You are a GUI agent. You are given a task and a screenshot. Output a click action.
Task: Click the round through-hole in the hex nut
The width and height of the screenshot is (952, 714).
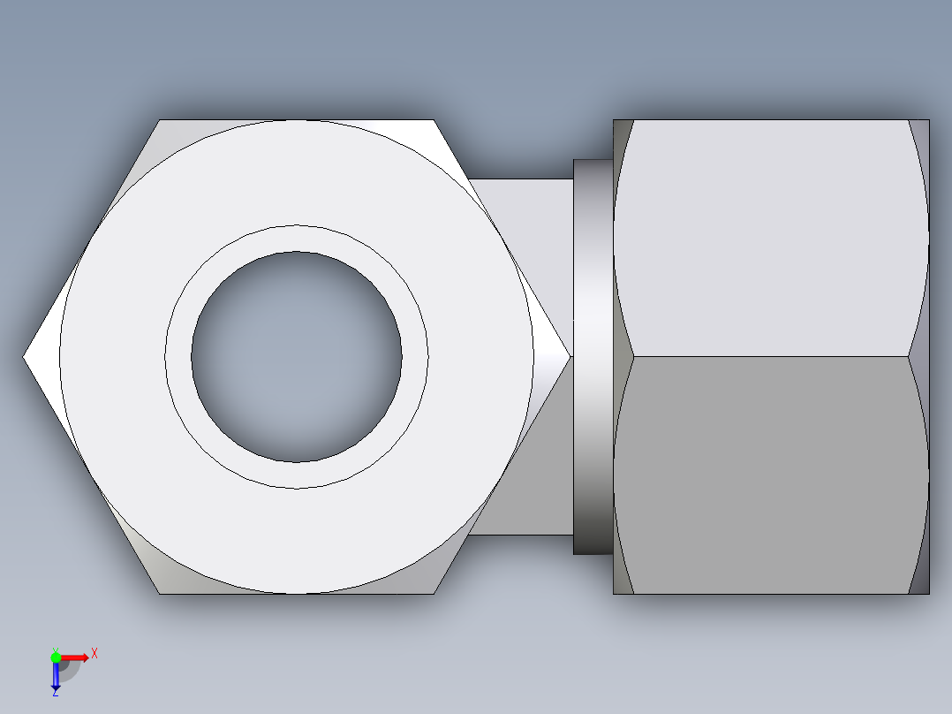coord(297,357)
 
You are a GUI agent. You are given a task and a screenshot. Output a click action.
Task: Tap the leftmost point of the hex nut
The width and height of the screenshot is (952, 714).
coord(25,357)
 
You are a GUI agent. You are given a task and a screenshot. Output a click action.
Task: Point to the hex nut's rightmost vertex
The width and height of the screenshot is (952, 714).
coord(569,357)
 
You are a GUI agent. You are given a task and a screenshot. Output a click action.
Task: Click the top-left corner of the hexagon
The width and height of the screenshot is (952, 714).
coord(161,121)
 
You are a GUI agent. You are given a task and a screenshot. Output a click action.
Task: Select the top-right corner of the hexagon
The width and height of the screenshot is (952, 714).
coord(433,121)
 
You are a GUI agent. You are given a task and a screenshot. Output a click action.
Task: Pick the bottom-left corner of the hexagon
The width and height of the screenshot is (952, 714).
coord(161,592)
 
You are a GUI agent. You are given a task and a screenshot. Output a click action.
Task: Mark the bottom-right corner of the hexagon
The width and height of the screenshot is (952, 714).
coord(433,592)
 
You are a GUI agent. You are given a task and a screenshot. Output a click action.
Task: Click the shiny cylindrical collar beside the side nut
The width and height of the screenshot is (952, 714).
coord(593,357)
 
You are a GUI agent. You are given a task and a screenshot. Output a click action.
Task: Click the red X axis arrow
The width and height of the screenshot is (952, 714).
coord(76,657)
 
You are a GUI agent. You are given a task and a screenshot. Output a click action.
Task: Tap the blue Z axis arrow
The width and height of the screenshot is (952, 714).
coord(56,676)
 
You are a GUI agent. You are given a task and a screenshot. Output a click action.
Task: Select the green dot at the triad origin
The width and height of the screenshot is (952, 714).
coord(56,657)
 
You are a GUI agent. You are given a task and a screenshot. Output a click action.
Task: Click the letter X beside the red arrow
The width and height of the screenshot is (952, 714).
coord(94,654)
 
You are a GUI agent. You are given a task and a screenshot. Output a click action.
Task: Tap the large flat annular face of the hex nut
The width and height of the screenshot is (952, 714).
coord(297,539)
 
